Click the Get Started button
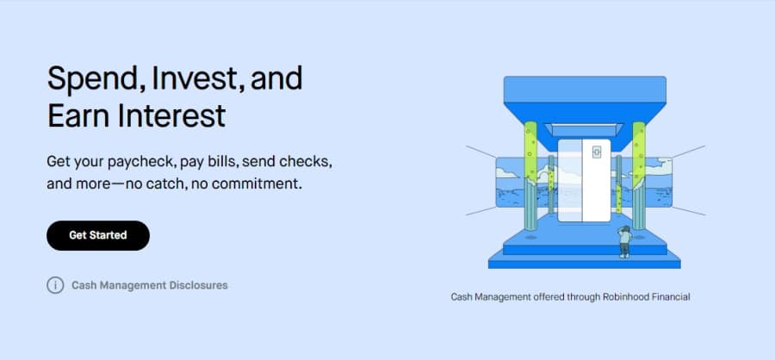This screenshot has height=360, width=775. point(98,235)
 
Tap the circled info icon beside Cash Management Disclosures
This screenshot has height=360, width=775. point(55,285)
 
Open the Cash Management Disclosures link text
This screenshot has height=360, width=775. point(150,285)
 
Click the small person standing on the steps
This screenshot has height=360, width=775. point(625,241)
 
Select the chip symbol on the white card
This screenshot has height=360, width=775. point(597,152)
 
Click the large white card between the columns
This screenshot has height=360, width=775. point(584,180)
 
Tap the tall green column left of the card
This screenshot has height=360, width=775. point(530,176)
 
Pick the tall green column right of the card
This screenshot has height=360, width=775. point(639,176)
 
